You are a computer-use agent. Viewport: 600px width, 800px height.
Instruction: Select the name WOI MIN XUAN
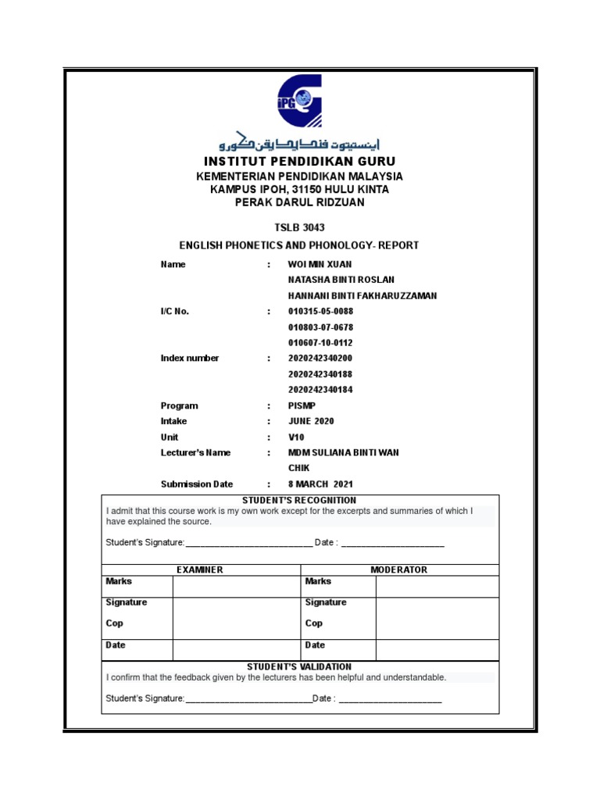(320, 265)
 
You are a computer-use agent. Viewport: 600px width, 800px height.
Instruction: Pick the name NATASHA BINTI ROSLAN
(341, 280)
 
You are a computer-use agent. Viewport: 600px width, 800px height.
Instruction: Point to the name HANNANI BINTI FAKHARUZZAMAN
(362, 296)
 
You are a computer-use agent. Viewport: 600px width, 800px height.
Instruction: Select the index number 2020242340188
(326, 374)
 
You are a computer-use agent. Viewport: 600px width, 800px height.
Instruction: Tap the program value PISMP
(302, 406)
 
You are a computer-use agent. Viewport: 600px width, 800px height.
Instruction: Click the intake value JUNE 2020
(311, 422)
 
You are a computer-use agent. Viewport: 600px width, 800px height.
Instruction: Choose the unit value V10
(295, 437)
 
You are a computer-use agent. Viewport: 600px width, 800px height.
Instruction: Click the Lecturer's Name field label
(195, 453)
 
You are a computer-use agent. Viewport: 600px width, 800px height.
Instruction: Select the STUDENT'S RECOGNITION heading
(299, 500)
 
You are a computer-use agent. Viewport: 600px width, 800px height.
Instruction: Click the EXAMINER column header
(200, 570)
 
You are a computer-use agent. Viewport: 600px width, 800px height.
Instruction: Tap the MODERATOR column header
(398, 570)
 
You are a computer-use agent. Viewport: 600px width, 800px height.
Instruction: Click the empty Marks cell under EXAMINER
(236, 587)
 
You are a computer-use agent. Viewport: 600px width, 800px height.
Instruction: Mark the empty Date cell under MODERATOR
(437, 649)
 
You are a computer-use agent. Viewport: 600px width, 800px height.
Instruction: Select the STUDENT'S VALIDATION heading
(299, 666)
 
